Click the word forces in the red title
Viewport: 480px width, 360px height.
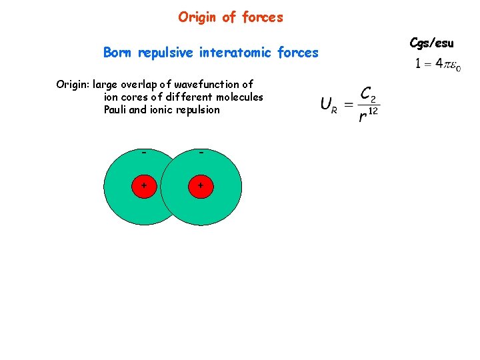(263, 17)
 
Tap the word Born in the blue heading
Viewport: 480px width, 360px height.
(117, 52)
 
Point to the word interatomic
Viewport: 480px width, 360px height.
(234, 53)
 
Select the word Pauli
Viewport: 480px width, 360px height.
(115, 109)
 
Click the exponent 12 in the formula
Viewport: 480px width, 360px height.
(373, 111)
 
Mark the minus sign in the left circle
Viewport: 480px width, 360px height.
(144, 153)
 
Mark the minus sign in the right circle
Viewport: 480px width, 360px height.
(201, 153)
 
